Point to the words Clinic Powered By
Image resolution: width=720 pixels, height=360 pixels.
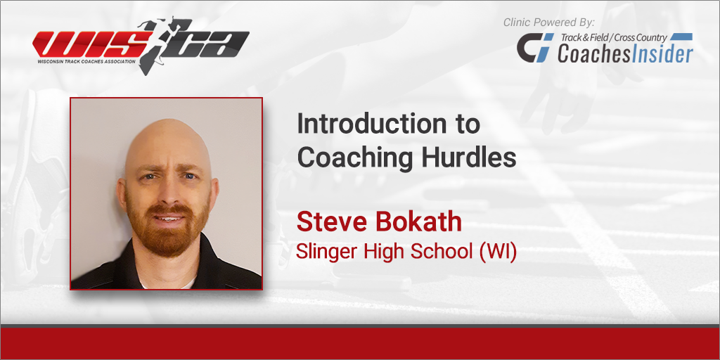tap(548, 22)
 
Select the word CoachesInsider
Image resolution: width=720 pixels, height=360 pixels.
tap(625, 53)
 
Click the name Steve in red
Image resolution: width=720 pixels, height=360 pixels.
tap(331, 221)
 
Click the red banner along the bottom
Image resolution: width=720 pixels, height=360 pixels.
tap(360, 343)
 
